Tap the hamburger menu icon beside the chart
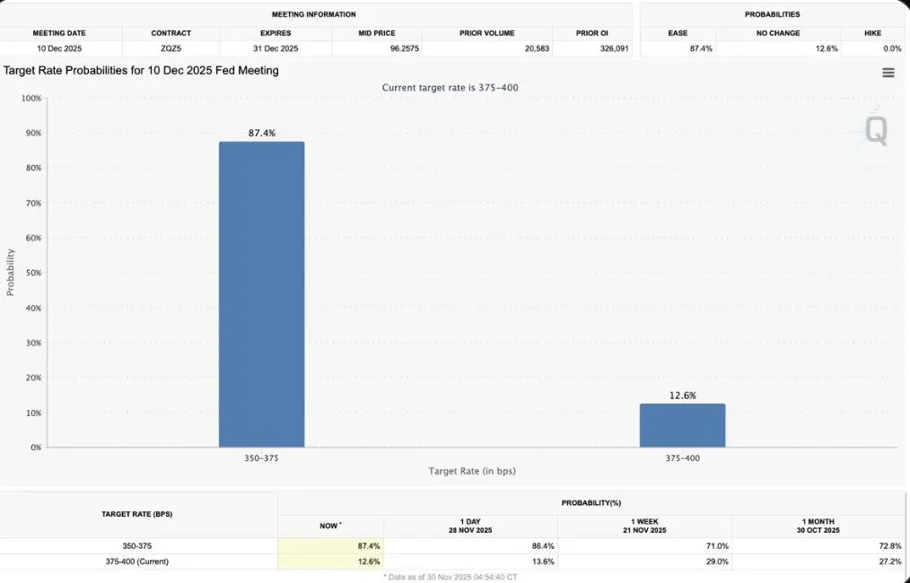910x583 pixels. pyautogui.click(x=888, y=73)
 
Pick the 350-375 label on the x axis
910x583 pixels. pyautogui.click(x=261, y=457)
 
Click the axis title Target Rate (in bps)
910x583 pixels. pyautogui.click(x=471, y=471)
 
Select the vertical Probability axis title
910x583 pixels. pyautogui.click(x=11, y=273)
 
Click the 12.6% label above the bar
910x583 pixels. pyautogui.click(x=682, y=396)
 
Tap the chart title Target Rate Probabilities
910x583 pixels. pyautogui.click(x=141, y=70)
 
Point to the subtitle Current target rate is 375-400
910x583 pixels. pyautogui.click(x=450, y=87)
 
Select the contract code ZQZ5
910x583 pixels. pyautogui.click(x=171, y=48)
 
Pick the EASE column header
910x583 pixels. pyautogui.click(x=678, y=33)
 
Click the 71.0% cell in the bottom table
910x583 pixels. pyautogui.click(x=715, y=545)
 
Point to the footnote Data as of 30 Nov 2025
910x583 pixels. pyautogui.click(x=450, y=577)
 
